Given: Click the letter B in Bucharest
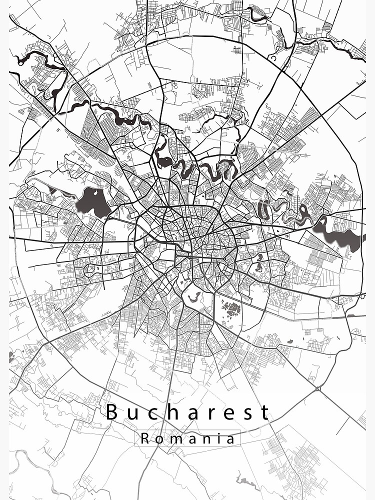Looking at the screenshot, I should click(x=112, y=412).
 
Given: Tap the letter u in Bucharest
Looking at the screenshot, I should click(x=132, y=414).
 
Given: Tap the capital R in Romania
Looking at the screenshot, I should click(x=144, y=438).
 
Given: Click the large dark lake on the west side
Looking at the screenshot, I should click(x=93, y=202).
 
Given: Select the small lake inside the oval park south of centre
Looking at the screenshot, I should click(x=193, y=299).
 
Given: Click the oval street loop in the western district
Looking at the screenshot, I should click(x=90, y=270).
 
